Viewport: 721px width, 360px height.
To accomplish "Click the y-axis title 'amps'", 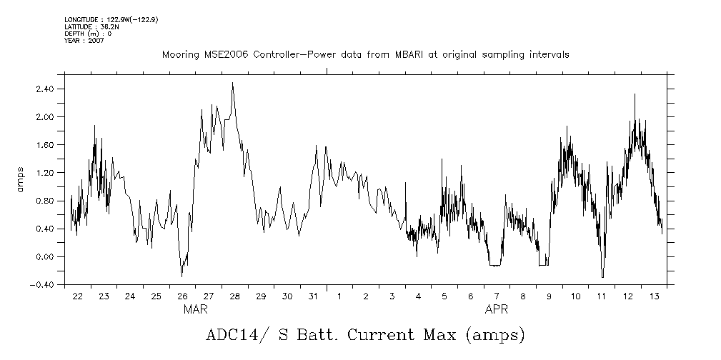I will point(21,179).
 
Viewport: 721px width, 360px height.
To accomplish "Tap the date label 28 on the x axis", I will point(234,296).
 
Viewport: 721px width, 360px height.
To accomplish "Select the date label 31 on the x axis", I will point(313,296).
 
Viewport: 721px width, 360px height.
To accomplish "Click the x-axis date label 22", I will point(77,296).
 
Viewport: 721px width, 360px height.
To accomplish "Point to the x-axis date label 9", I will point(549,296).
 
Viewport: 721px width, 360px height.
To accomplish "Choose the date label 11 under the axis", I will point(602,296).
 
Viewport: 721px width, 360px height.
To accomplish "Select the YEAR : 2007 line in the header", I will point(84,41).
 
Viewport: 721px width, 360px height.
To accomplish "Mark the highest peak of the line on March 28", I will point(232,83).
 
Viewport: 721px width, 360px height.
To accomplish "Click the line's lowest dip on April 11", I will point(602,277).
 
